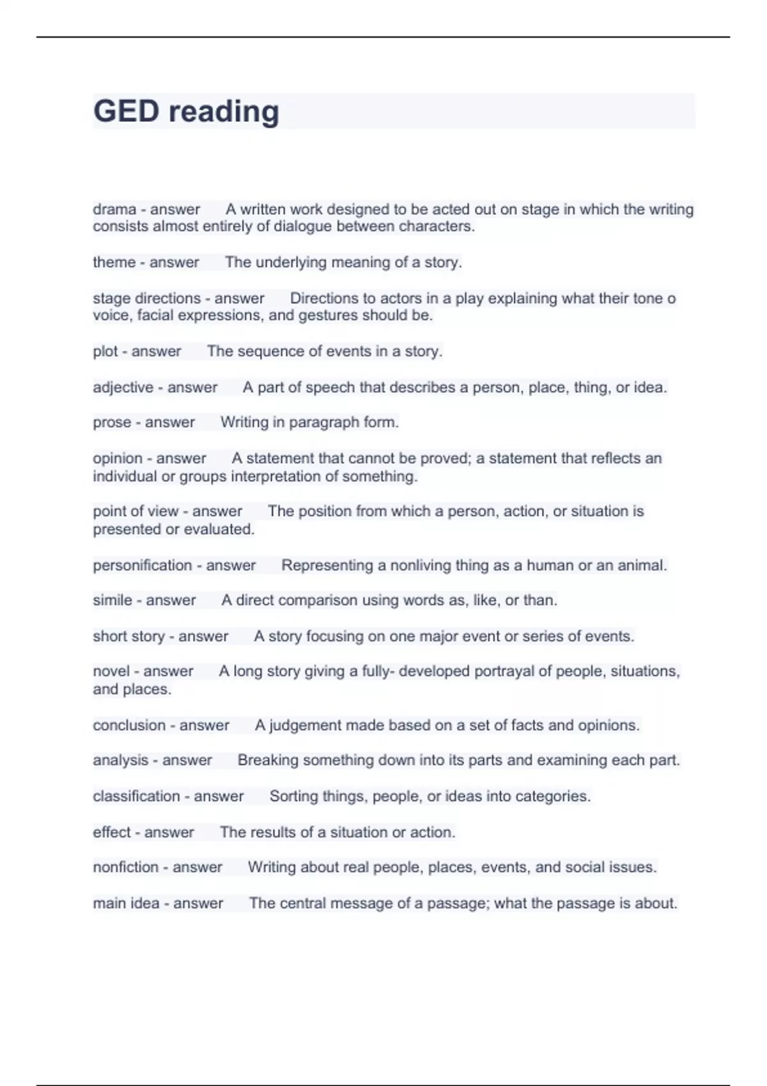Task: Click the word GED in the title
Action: coord(126,111)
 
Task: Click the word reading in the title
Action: coord(224,112)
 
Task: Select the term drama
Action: coord(114,210)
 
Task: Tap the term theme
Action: coord(114,263)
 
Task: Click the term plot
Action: coord(105,351)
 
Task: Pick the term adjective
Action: coord(123,388)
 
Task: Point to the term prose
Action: coord(112,423)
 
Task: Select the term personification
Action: coord(142,565)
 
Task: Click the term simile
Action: coord(112,600)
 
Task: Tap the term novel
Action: coord(111,671)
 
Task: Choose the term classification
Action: coord(136,797)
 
